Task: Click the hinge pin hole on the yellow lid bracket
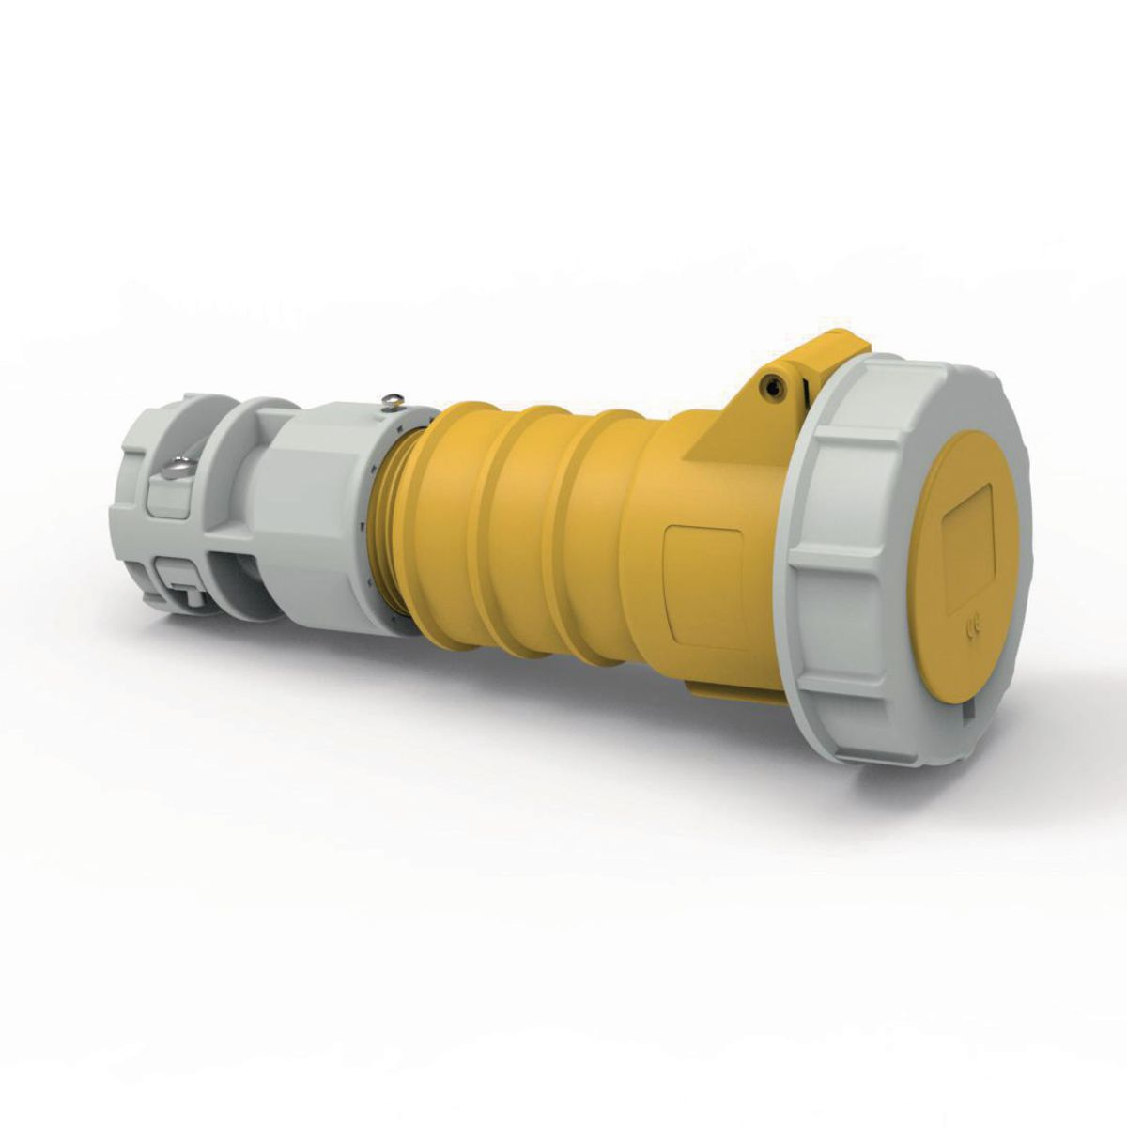click(x=772, y=385)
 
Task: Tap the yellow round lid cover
click(x=967, y=554)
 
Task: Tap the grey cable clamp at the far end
click(x=160, y=507)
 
